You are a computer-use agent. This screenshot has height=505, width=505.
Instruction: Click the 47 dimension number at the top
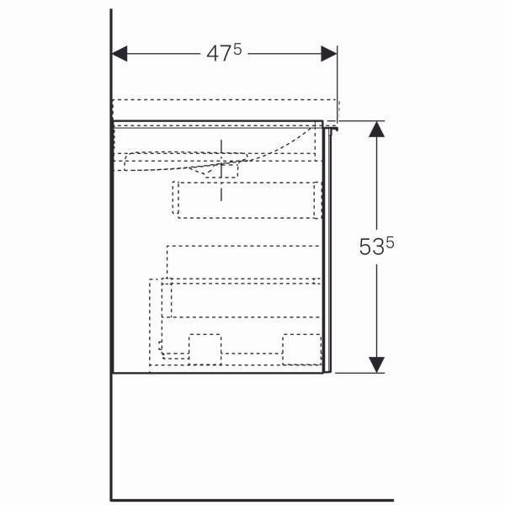(219, 54)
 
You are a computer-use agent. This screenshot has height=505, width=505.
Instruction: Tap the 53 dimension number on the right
(372, 247)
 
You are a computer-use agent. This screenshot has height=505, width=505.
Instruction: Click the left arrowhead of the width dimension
(120, 54)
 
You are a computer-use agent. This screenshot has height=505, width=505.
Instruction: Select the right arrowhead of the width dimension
(329, 54)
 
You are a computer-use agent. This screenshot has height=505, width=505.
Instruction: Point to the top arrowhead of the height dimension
(376, 129)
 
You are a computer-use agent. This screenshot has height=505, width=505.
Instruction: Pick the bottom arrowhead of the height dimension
(376, 365)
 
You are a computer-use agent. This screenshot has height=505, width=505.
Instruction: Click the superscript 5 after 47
(237, 50)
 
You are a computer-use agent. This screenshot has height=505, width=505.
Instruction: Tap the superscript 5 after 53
(390, 243)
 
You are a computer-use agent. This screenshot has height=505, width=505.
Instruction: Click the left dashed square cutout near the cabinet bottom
(205, 349)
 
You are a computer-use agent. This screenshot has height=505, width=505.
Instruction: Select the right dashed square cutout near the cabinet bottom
(302, 349)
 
